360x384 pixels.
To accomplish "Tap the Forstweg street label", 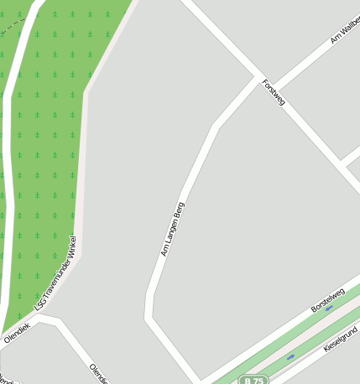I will pyautogui.click(x=274, y=92).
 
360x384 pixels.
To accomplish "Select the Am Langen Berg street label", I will pyautogui.click(x=173, y=228).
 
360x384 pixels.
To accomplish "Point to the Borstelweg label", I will pyautogui.click(x=327, y=301).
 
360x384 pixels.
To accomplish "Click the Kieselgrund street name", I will pyautogui.click(x=341, y=340).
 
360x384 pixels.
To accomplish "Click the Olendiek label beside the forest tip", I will pyautogui.click(x=17, y=333).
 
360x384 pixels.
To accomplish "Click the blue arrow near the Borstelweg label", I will pyautogui.click(x=329, y=308).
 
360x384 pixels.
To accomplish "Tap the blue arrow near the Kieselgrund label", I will pyautogui.click(x=291, y=358).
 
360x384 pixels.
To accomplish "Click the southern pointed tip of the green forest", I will pyautogui.click(x=4, y=330).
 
